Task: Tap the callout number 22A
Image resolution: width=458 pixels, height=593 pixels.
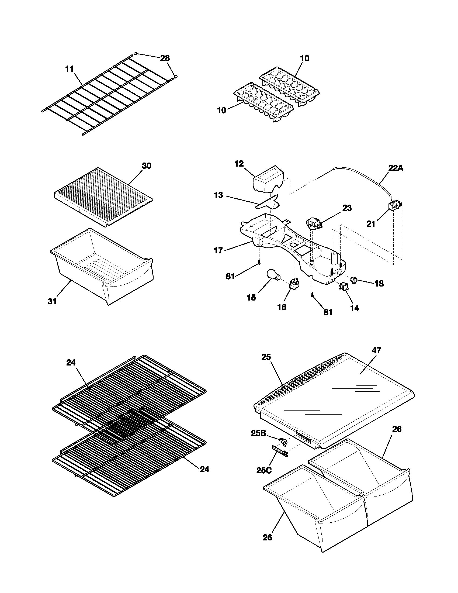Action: tap(395, 168)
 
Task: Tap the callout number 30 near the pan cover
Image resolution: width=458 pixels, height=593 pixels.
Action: tap(147, 166)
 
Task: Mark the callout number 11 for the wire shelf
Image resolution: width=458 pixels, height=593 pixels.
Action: tap(70, 69)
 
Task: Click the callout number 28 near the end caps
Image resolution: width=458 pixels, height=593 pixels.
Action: tap(165, 58)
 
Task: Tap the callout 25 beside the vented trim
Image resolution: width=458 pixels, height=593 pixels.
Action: tap(266, 357)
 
